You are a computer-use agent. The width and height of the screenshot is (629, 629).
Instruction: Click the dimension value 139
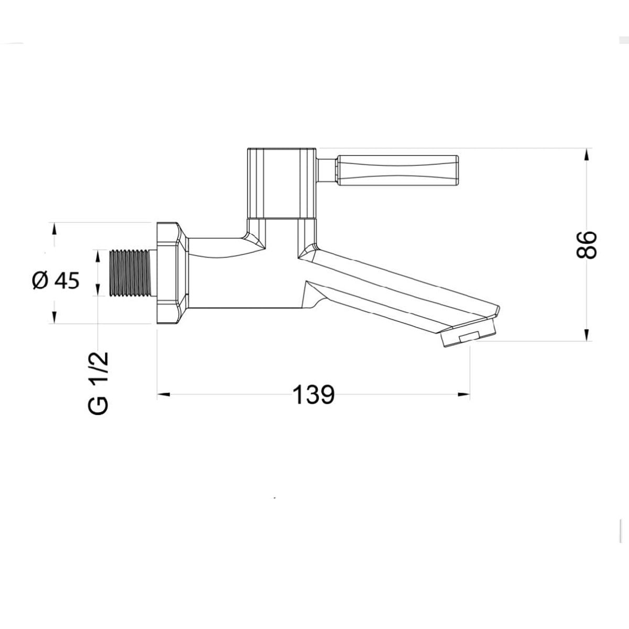313,395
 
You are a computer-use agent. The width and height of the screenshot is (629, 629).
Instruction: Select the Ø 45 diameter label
56,281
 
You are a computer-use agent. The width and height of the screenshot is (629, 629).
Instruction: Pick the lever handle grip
397,170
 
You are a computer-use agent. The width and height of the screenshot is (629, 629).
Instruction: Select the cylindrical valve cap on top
281,183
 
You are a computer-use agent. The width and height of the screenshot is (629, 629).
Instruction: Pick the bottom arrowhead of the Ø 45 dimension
54,318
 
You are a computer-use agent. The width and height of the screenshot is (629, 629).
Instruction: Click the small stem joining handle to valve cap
326,170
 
